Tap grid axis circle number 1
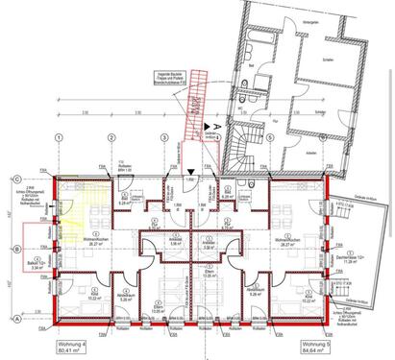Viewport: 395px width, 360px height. [59, 136]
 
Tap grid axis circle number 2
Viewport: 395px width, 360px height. [111, 136]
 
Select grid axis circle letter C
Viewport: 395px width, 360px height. [18, 180]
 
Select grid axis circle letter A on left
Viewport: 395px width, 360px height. [18, 318]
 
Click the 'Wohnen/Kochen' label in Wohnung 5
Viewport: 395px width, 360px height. [285, 241]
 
